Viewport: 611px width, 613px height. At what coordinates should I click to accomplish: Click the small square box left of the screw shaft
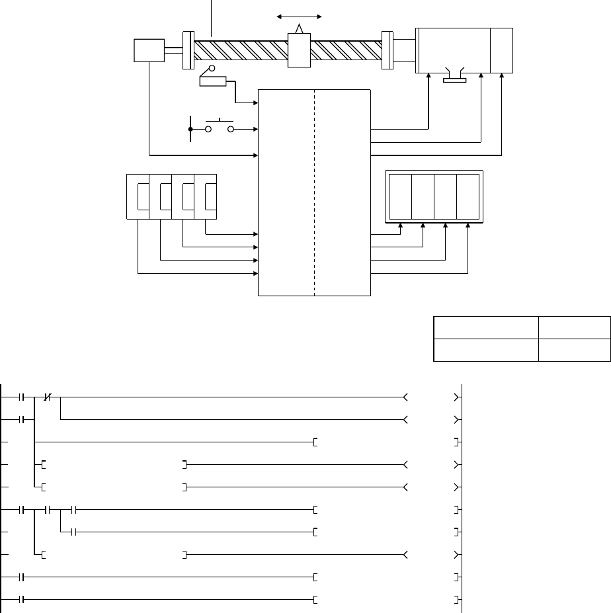tap(149, 50)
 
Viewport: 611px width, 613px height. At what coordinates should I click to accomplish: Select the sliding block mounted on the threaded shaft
tap(300, 50)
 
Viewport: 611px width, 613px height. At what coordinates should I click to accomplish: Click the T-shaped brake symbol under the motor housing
tap(454, 77)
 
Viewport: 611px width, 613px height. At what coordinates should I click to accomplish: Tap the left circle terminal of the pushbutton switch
tap(208, 129)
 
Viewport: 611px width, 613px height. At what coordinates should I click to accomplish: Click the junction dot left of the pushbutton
tap(190, 129)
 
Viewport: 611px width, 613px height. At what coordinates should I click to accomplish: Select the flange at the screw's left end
tap(187, 49)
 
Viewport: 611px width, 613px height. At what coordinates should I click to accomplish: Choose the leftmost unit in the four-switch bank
tap(138, 197)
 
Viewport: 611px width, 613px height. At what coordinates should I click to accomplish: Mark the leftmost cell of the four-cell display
tap(400, 197)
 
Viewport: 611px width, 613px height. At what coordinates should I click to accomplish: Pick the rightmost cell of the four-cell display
tap(468, 197)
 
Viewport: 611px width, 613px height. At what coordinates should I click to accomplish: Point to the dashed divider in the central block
tap(314, 192)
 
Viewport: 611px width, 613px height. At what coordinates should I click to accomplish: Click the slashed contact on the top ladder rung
tap(47, 397)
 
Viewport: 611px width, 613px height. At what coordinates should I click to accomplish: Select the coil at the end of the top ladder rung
tap(430, 397)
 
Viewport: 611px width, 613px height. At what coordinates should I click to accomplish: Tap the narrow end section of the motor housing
tap(502, 50)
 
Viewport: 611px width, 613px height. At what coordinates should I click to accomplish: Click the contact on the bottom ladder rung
tap(22, 600)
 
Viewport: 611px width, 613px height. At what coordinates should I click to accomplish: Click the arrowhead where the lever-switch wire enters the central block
tap(255, 103)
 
